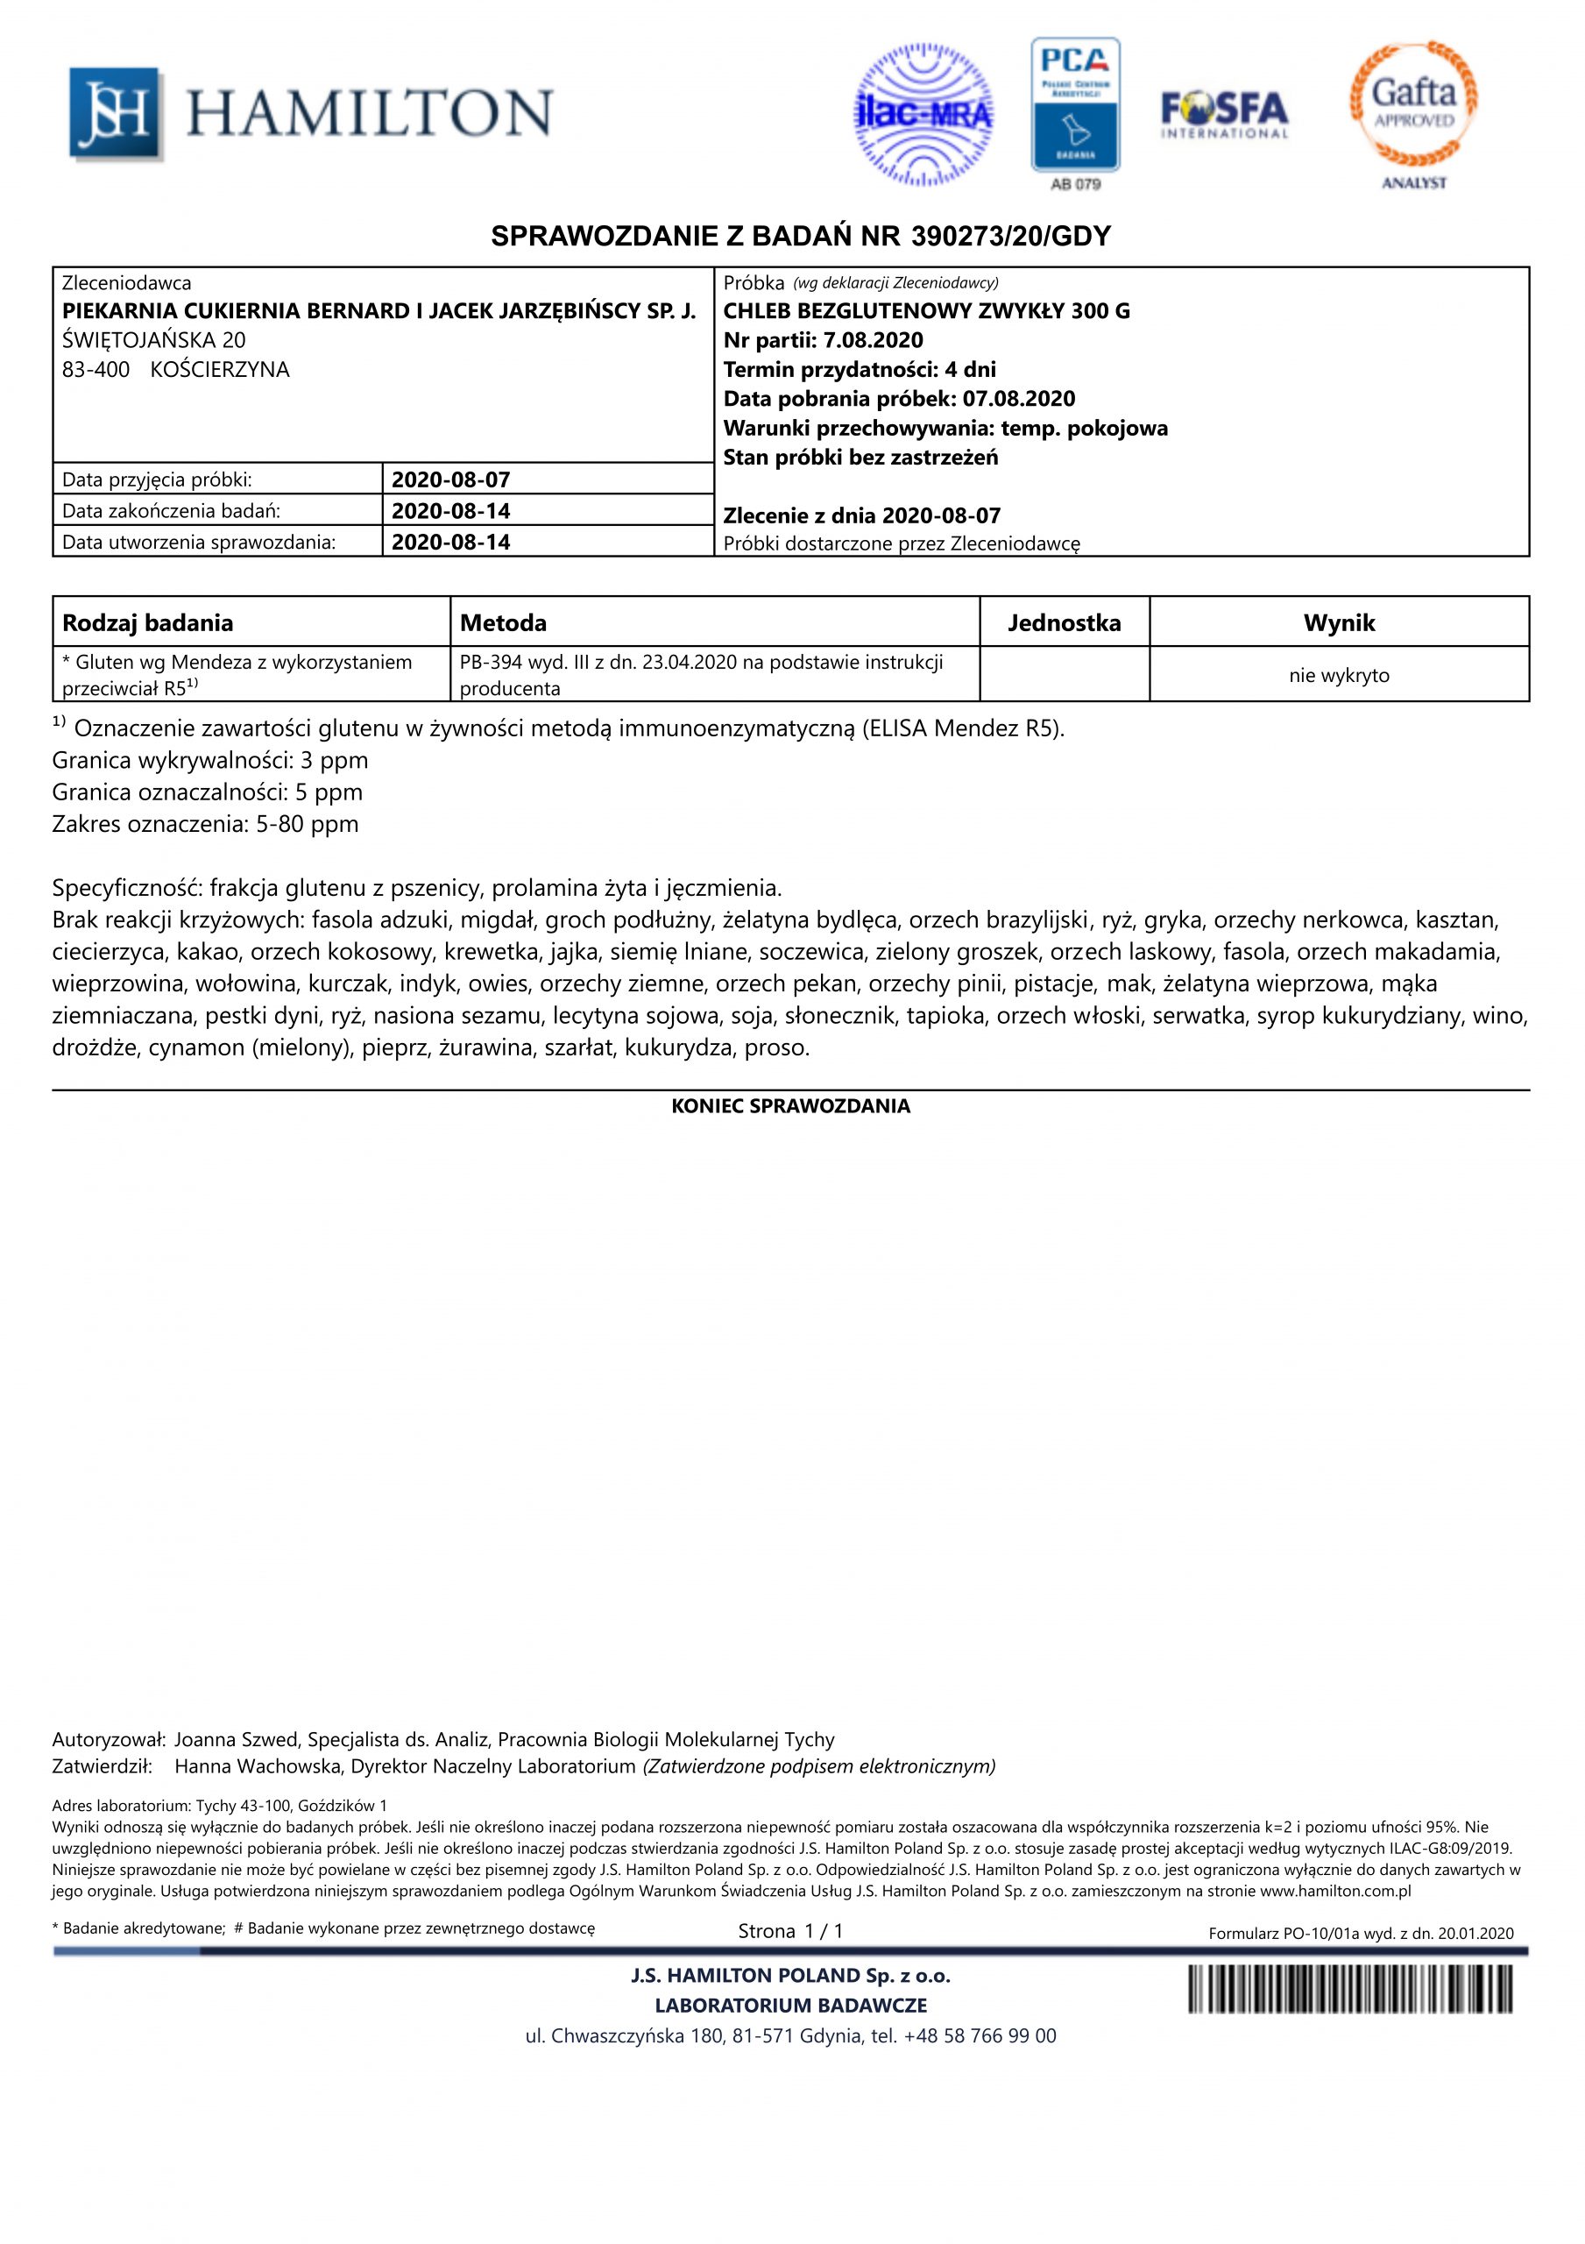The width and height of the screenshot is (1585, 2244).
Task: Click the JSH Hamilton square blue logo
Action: [113, 113]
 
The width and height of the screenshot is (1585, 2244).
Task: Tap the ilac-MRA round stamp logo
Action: [923, 114]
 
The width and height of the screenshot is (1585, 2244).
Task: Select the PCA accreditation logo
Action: [1075, 105]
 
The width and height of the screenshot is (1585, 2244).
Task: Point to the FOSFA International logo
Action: [1224, 114]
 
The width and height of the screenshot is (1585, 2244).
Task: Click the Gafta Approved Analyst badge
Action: [1413, 105]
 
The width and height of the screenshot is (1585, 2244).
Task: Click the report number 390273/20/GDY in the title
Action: [1010, 237]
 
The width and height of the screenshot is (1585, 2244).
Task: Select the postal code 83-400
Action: [96, 369]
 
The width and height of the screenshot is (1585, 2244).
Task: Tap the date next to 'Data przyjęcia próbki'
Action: [450, 479]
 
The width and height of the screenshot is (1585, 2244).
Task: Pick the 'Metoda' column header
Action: [503, 622]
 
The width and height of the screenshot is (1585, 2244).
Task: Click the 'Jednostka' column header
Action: [1065, 622]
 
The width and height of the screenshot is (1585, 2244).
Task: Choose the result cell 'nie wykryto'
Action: [1339, 675]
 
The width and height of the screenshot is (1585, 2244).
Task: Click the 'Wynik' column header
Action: [1339, 622]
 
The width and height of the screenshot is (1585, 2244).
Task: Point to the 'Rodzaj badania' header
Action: [147, 622]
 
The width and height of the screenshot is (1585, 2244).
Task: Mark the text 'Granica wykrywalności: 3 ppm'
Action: [210, 760]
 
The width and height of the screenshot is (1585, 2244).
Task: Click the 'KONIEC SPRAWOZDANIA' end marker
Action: [790, 1106]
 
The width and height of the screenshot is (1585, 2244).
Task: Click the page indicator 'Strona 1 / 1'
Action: [790, 1930]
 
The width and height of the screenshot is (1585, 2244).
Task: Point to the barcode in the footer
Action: [1349, 1989]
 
